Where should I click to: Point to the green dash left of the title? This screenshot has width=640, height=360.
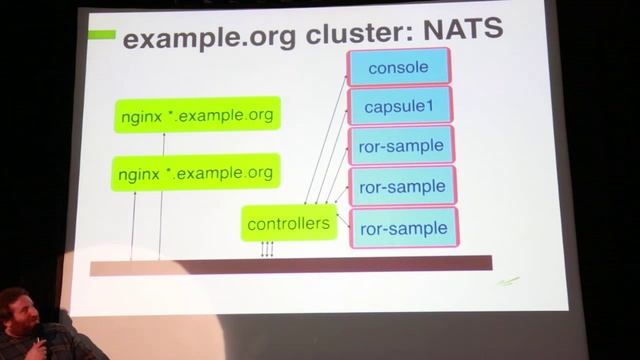pyautogui.click(x=101, y=35)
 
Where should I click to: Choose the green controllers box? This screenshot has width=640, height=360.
pyautogui.click(x=288, y=223)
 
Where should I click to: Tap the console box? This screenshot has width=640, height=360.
pyautogui.click(x=399, y=67)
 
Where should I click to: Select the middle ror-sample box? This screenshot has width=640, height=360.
pyautogui.click(x=402, y=186)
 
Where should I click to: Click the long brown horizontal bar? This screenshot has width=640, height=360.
pyautogui.click(x=290, y=264)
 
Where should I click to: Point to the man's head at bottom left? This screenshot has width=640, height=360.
pyautogui.click(x=16, y=311)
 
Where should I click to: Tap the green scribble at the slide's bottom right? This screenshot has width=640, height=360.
pyautogui.click(x=509, y=283)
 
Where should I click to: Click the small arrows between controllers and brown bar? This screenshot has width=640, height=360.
pyautogui.click(x=267, y=248)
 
